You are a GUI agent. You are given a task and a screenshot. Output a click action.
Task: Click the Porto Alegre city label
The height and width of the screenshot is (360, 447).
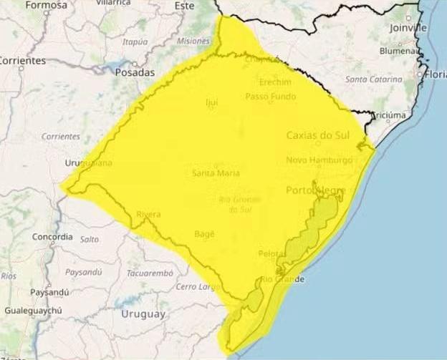tap(315, 190)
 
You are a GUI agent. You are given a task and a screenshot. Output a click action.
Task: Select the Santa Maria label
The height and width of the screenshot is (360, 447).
tap(216, 173)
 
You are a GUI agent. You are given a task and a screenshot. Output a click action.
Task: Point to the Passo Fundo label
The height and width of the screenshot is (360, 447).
tap(269, 96)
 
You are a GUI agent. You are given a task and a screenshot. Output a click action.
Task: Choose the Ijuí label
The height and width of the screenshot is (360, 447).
tap(211, 102)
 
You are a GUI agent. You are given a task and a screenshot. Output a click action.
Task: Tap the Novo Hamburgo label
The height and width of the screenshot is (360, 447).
tap(319, 160)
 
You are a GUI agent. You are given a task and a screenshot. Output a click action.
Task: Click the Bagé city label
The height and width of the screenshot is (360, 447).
tap(204, 233)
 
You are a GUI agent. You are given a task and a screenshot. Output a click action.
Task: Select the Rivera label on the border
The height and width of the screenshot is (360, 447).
tap(148, 214)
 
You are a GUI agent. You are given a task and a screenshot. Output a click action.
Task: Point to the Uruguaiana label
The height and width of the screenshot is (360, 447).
tap(87, 162)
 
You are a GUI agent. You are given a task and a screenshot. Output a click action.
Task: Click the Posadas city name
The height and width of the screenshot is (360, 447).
tap(134, 72)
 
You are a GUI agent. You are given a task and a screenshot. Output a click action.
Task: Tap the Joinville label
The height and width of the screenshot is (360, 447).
tap(408, 27)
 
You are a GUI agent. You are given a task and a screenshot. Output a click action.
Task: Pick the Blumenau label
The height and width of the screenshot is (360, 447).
tap(400, 51)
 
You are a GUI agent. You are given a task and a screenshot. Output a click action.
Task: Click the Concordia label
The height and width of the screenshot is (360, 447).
tap(52, 236)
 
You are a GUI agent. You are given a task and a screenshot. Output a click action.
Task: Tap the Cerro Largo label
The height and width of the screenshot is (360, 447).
tap(196, 286)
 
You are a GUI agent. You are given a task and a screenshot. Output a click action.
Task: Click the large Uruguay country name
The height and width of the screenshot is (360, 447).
tap(143, 313)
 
